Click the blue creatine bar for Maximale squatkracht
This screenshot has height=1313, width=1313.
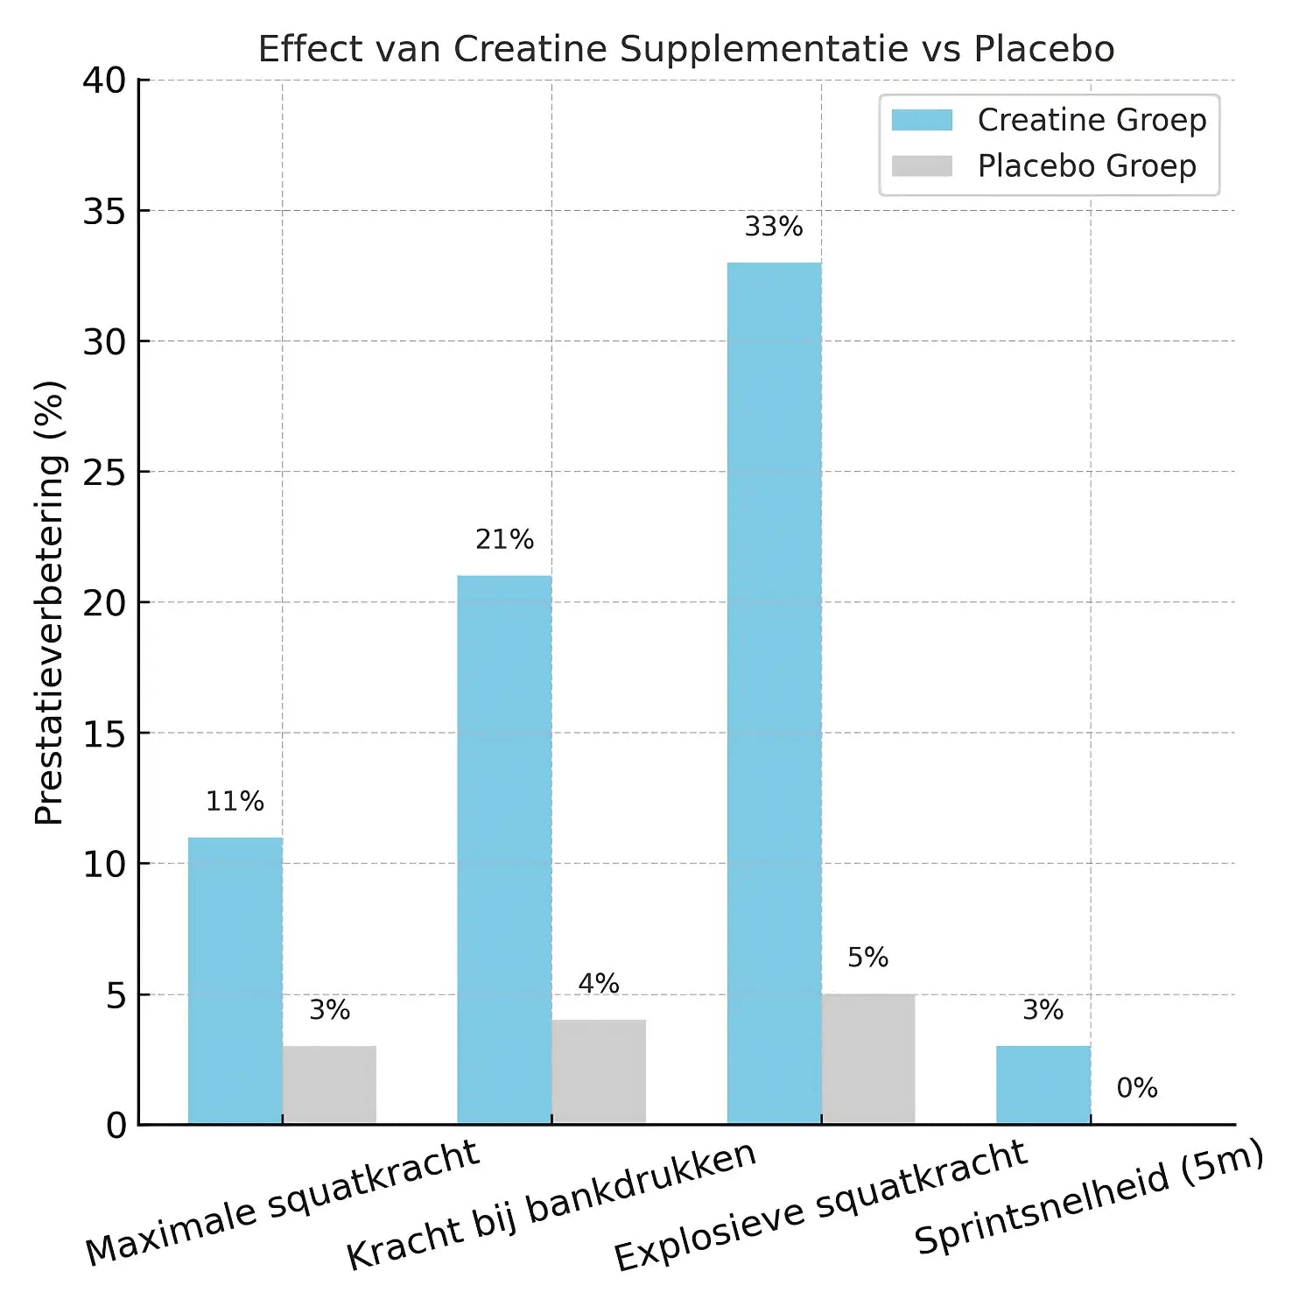(x=235, y=980)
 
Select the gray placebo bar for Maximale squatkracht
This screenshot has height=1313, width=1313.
(x=329, y=1085)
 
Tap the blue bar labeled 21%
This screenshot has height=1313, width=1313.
(x=504, y=849)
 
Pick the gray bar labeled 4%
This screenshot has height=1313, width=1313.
(x=599, y=1071)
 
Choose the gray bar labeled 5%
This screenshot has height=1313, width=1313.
(x=868, y=1058)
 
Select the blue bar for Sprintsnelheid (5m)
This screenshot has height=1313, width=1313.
(x=1043, y=1085)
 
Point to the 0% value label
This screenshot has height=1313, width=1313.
(x=1137, y=1088)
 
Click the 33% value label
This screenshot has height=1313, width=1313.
(x=774, y=227)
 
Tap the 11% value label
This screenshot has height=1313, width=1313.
(x=235, y=801)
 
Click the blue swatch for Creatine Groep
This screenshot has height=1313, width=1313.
(x=922, y=120)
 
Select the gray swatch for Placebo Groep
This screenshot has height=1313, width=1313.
(x=922, y=166)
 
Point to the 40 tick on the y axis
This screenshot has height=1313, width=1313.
(x=104, y=81)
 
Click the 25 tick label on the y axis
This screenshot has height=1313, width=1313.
(x=104, y=473)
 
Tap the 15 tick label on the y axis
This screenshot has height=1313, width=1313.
(x=104, y=734)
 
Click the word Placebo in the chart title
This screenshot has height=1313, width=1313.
(x=1044, y=49)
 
